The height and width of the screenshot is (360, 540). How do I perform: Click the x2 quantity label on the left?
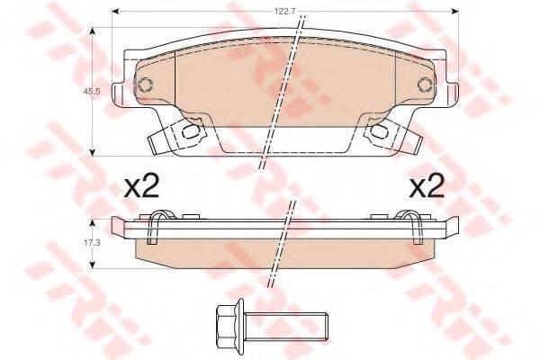pyautogui.click(x=140, y=187)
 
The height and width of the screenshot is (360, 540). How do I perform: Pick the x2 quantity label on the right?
pyautogui.click(x=428, y=187)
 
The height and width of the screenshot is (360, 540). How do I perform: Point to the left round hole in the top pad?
pyautogui.click(x=143, y=85)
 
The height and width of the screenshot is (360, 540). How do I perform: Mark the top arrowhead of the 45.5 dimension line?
pyautogui.click(x=94, y=30)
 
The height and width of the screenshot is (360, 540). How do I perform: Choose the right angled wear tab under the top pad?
pyautogui.click(x=408, y=140)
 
